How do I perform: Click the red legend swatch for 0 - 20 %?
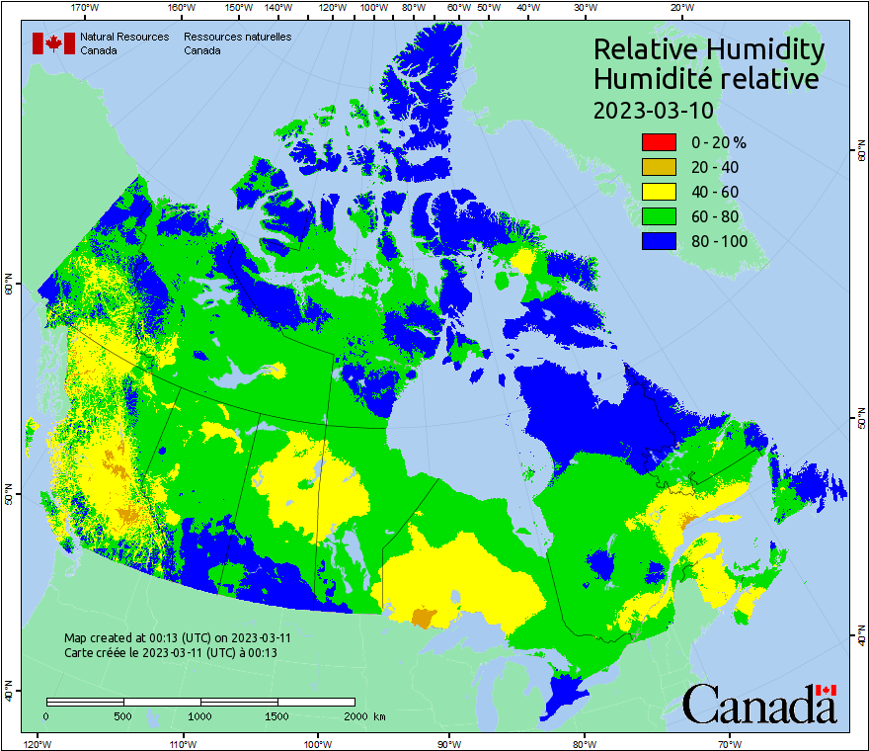pos(659,142)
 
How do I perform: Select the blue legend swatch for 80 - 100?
pos(659,241)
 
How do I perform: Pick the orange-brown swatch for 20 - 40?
pos(659,167)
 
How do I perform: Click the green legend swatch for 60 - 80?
pos(659,216)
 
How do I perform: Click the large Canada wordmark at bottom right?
pos(759,704)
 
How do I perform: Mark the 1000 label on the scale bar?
pos(200,715)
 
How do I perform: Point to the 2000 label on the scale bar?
pos(355,715)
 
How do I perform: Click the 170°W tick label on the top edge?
pos(86,8)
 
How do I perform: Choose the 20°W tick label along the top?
pos(680,8)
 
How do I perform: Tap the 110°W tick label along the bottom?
pos(182,743)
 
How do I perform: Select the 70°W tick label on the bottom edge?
pos(730,743)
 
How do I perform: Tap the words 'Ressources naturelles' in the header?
pos(237,37)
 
